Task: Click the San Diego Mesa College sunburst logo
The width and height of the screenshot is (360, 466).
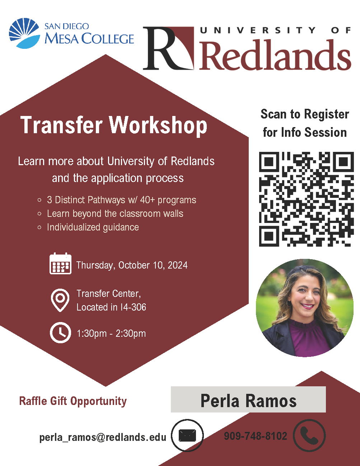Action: click(x=24, y=33)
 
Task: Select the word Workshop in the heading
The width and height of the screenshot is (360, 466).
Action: click(x=158, y=125)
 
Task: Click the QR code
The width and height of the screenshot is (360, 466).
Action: click(x=306, y=199)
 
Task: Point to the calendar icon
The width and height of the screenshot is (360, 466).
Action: click(x=60, y=264)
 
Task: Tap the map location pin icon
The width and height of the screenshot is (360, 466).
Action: click(x=60, y=300)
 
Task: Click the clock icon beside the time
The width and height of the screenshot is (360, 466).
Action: click(x=60, y=332)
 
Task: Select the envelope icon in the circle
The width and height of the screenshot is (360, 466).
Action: click(x=187, y=435)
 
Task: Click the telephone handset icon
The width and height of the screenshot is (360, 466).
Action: click(x=309, y=435)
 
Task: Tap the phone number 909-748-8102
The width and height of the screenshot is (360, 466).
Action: click(x=255, y=436)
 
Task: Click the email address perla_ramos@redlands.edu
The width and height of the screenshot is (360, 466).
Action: click(x=103, y=437)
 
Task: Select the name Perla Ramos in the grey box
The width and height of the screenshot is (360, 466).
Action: click(x=248, y=400)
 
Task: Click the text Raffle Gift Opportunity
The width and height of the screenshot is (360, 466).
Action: click(x=73, y=401)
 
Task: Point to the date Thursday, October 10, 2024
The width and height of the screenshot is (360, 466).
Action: click(x=132, y=265)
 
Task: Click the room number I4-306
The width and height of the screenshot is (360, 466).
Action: click(x=133, y=307)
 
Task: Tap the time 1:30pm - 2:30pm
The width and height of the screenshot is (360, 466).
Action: click(x=111, y=334)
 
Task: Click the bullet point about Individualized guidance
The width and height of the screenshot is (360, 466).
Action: click(x=88, y=227)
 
